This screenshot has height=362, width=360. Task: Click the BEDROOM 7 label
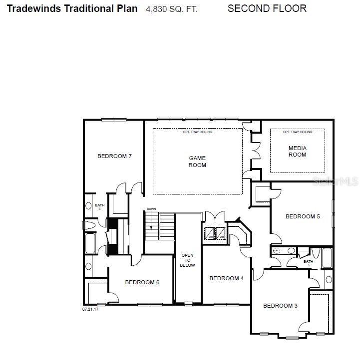114,156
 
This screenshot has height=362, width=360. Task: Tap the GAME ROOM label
197,162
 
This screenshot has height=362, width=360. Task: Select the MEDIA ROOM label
298,151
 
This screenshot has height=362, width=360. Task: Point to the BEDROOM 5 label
303,216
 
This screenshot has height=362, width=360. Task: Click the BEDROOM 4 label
226,278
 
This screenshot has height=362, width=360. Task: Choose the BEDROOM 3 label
280,306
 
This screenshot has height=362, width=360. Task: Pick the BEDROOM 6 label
142,282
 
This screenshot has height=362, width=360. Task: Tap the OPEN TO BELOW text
187,260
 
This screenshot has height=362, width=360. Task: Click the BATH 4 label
100,206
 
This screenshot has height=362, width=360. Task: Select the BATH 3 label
308,263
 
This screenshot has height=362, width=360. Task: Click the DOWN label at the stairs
152,209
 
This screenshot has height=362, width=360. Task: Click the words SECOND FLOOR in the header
267,8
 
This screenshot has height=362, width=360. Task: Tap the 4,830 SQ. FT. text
171,9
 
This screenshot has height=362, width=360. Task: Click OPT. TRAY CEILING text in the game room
197,132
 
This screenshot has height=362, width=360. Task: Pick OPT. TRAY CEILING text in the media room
298,132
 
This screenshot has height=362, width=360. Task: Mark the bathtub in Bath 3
327,259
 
